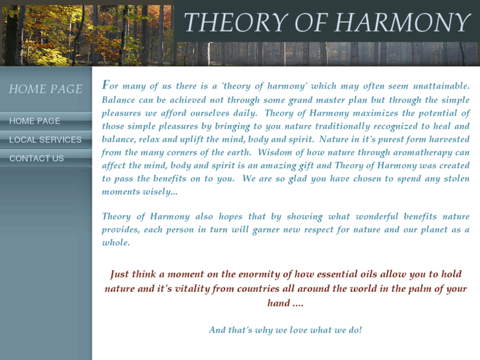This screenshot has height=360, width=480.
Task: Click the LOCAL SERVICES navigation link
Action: pos(46,139)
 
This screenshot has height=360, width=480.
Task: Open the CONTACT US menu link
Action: pos(36,158)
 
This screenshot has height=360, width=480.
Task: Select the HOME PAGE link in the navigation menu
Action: pos(34,121)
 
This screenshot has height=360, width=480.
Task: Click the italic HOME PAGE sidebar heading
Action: pos(46,89)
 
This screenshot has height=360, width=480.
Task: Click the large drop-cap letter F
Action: pos(106,85)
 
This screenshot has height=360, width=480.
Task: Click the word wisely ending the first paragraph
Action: pos(162,192)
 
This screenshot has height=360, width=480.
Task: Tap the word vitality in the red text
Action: pos(198,289)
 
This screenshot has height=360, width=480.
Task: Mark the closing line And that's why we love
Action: pos(285,330)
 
